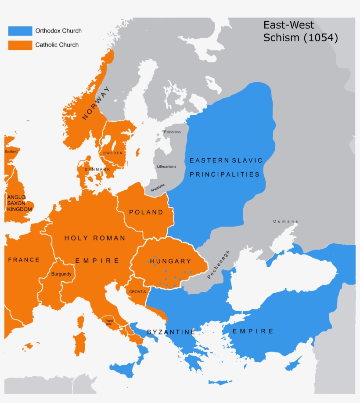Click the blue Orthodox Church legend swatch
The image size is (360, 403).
20,31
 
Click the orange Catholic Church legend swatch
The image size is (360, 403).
20,45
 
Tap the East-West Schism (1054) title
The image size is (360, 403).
300,32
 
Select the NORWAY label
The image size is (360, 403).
96,103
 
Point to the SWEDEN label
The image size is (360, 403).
113,153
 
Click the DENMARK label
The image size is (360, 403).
97,169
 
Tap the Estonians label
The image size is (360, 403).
172,132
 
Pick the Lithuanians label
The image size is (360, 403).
166,167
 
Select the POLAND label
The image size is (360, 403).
146,212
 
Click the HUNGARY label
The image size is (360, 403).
170,261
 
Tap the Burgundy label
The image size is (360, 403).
61,274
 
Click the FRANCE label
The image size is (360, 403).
24,260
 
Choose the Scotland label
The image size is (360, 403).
11,152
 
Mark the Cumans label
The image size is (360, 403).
285,221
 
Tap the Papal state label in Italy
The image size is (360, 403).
109,322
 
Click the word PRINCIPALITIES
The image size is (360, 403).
224,174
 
